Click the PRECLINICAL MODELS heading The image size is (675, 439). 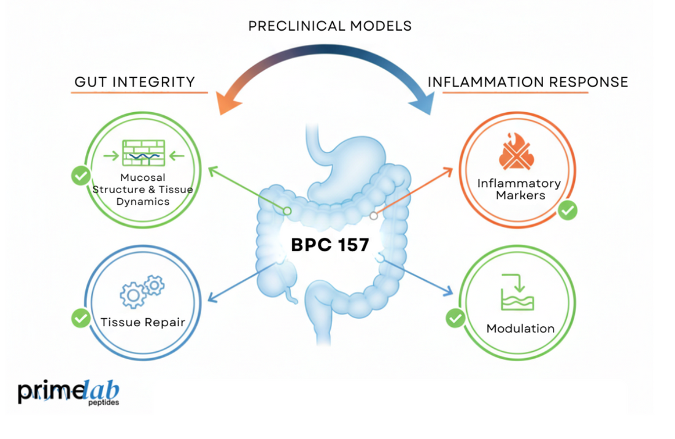pyautogui.click(x=330, y=26)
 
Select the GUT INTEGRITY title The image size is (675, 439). pyautogui.click(x=134, y=82)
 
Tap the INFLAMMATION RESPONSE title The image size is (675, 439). pyautogui.click(x=527, y=82)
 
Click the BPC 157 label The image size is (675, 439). pyautogui.click(x=330, y=245)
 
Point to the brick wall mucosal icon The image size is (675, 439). pyautogui.click(x=144, y=153)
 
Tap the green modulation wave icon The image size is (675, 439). pyautogui.click(x=517, y=292)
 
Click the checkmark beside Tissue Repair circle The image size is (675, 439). pyautogui.click(x=80, y=318)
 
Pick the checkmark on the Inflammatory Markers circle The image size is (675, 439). pyautogui.click(x=568, y=210)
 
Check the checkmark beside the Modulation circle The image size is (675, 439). pyautogui.click(x=455, y=318)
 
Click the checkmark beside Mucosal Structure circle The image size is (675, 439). pyautogui.click(x=80, y=176)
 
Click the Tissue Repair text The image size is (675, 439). pyautogui.click(x=142, y=322)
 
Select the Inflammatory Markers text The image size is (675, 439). pyautogui.click(x=519, y=189)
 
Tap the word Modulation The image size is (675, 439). pyautogui.click(x=520, y=329)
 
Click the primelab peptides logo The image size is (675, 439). pyautogui.click(x=68, y=392)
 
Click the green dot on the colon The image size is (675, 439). pyautogui.click(x=287, y=211)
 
